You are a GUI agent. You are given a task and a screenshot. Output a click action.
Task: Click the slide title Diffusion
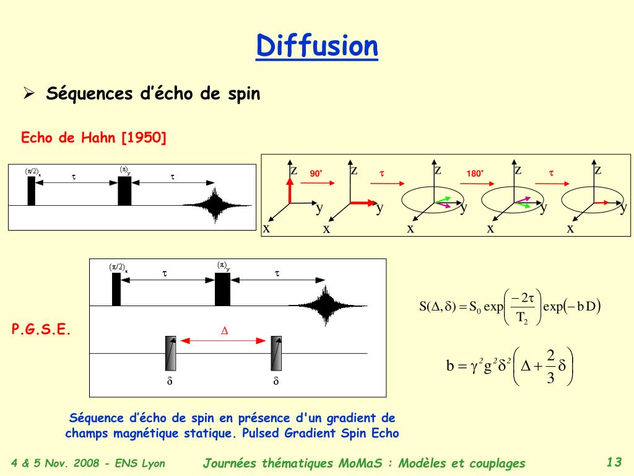[x=317, y=46]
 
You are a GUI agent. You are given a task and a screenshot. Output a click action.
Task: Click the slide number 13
[x=614, y=462]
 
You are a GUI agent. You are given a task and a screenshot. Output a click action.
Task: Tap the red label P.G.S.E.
[x=41, y=330]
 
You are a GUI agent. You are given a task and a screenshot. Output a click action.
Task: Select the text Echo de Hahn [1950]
[x=94, y=138]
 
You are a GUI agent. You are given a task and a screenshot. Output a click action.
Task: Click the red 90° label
[x=317, y=174]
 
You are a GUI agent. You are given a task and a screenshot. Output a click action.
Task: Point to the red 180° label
[x=475, y=174]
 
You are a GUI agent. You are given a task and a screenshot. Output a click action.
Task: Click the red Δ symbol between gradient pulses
[x=225, y=331]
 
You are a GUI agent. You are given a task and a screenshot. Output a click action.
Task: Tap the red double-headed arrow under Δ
[x=225, y=340]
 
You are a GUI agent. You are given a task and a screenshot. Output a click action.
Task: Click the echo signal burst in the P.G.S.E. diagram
[x=324, y=304]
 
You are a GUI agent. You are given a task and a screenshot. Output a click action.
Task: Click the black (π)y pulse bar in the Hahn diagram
[x=125, y=191]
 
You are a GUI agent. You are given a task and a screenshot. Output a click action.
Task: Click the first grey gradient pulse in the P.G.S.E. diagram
[x=170, y=353]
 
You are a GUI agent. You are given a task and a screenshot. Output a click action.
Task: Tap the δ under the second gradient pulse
[x=276, y=381]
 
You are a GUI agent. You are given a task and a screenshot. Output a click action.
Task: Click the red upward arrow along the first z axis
[x=289, y=188]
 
